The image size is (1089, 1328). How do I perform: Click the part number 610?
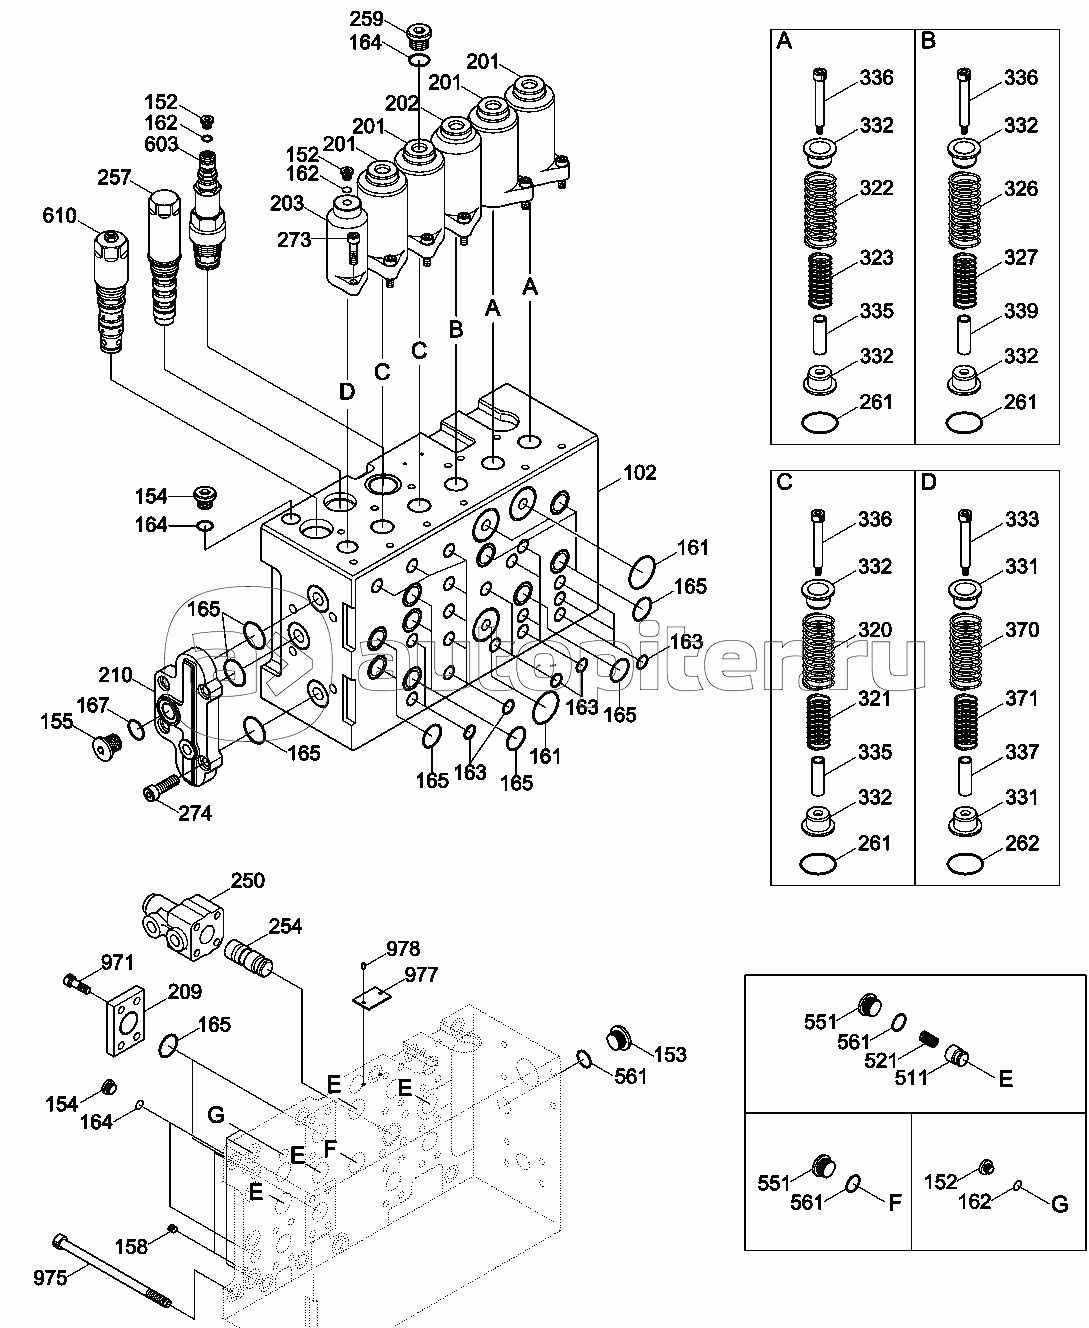click(x=60, y=215)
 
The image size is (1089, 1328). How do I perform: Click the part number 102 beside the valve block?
click(x=641, y=473)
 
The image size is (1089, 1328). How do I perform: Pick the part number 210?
click(x=115, y=675)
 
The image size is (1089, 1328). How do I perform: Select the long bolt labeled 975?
click(x=110, y=1272)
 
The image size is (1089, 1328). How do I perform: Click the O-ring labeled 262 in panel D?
click(x=966, y=861)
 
